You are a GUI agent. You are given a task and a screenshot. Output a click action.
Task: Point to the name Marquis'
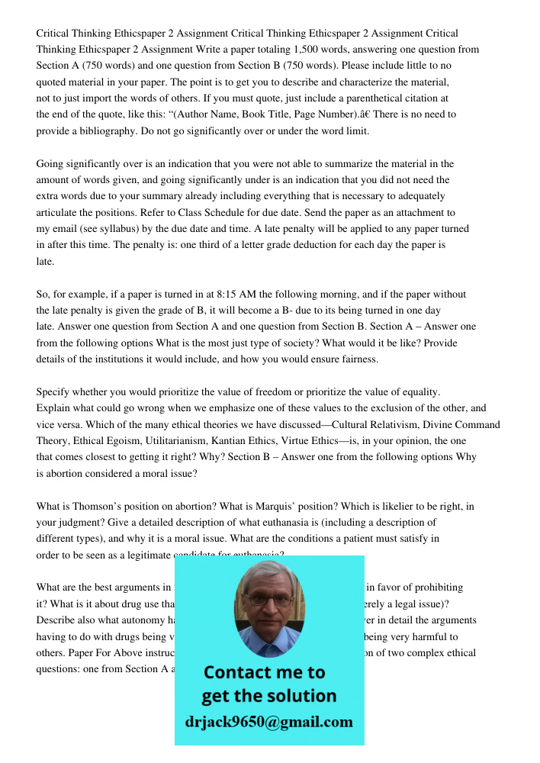pyautogui.click(x=313, y=506)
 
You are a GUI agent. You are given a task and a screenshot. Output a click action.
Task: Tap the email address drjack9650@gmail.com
pyautogui.click(x=268, y=722)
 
